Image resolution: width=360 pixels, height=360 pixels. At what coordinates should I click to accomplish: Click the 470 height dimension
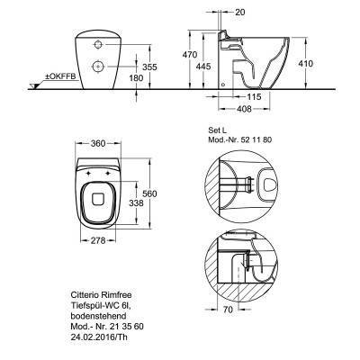click(190, 55)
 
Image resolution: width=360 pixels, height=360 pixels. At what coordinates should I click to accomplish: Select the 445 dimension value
click(203, 66)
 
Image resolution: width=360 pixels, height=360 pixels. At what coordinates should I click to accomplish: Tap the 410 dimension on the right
click(306, 63)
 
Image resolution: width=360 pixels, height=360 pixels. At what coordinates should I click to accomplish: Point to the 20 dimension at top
click(240, 12)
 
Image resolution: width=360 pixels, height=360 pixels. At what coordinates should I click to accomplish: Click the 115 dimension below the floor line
click(254, 97)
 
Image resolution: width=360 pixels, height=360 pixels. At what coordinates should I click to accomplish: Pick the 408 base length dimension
click(244, 109)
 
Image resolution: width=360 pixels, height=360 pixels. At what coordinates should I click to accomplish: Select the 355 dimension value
click(149, 67)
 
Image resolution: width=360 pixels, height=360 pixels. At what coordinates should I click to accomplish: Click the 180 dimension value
click(137, 78)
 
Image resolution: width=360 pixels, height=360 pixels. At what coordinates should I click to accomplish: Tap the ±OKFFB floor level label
click(60, 76)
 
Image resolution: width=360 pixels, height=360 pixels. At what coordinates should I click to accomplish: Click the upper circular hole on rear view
click(98, 45)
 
